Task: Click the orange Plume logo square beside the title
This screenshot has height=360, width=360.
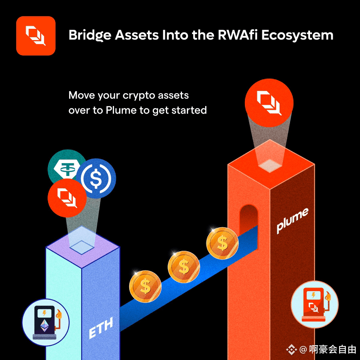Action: [36, 36]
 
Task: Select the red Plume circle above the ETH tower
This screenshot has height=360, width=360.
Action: [67, 197]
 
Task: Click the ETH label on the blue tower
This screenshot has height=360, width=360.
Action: [100, 328]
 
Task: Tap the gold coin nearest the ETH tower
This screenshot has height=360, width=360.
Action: [145, 285]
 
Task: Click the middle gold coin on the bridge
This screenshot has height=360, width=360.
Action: [184, 266]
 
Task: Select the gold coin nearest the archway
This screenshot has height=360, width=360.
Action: [222, 242]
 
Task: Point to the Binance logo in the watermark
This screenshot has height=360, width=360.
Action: [291, 349]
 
